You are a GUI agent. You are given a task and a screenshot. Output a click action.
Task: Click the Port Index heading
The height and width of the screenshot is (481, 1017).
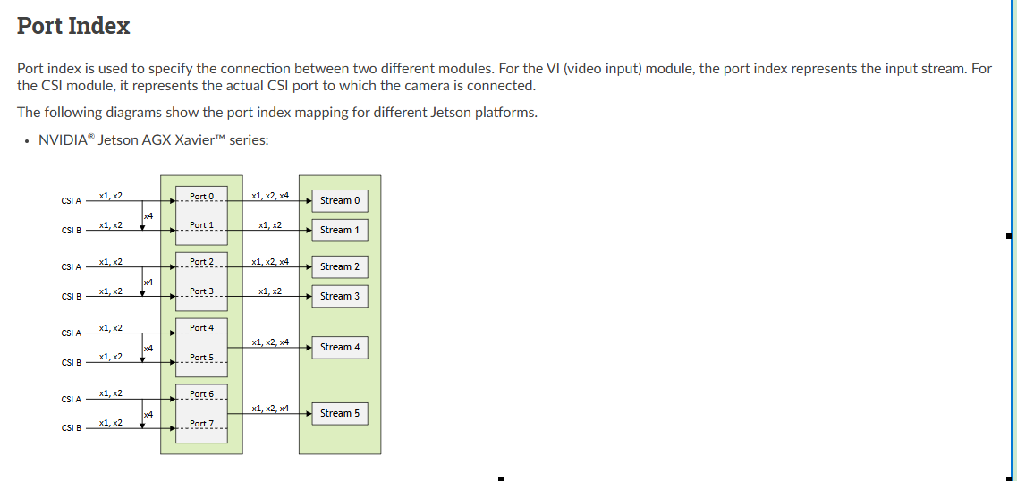pyautogui.click(x=73, y=26)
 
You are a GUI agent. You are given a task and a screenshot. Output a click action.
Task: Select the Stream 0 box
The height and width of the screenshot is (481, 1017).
pyautogui.click(x=339, y=200)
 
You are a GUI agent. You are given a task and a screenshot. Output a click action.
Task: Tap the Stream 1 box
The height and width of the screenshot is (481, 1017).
pyautogui.click(x=339, y=230)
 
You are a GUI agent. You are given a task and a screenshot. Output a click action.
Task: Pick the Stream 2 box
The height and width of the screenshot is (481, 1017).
pyautogui.click(x=339, y=266)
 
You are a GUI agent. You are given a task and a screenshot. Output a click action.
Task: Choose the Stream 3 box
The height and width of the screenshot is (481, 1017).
pyautogui.click(x=339, y=296)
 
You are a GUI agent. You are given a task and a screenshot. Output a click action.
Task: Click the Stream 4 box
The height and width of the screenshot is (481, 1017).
pyautogui.click(x=339, y=347)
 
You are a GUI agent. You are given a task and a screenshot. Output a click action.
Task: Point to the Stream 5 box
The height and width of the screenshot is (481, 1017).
pyautogui.click(x=339, y=413)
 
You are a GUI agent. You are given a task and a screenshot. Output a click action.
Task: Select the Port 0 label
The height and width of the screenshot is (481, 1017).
pyautogui.click(x=202, y=197)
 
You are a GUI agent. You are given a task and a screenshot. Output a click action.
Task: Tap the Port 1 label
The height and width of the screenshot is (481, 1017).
pyautogui.click(x=202, y=225)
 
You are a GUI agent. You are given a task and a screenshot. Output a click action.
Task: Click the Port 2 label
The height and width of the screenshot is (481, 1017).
pyautogui.click(x=202, y=262)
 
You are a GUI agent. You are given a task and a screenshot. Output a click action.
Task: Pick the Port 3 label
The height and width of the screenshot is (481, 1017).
pyautogui.click(x=202, y=291)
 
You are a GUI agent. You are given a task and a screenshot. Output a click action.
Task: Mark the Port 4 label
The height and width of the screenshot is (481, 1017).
pyautogui.click(x=202, y=328)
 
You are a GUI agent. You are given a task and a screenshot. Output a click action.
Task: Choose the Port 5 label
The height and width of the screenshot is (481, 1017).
pyautogui.click(x=202, y=358)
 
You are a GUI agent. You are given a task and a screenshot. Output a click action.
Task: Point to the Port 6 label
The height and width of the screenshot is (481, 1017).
pyautogui.click(x=202, y=394)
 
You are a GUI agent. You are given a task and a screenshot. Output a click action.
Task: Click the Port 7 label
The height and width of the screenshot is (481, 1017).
pyautogui.click(x=202, y=424)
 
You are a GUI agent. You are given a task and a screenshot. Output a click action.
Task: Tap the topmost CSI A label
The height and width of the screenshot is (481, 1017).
pyautogui.click(x=72, y=201)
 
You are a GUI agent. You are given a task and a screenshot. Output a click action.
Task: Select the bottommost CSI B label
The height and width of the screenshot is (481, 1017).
pyautogui.click(x=72, y=428)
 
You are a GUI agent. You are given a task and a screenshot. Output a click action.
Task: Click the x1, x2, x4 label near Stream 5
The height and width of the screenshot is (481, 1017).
pyautogui.click(x=270, y=408)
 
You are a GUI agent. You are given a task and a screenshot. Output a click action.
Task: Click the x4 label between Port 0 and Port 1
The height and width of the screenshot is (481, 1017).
pyautogui.click(x=148, y=216)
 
